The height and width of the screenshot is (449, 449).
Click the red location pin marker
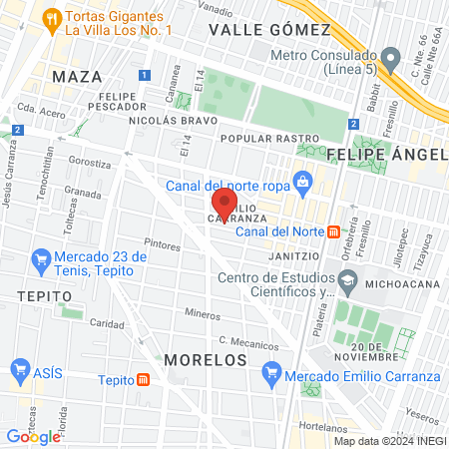(223, 208)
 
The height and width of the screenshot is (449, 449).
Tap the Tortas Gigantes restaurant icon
(50, 18)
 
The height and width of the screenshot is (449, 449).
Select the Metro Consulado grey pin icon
(392, 55)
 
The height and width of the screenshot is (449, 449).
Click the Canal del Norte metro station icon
(335, 231)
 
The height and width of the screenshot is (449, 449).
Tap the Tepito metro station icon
(144, 379)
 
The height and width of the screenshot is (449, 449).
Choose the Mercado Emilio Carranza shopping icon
(270, 376)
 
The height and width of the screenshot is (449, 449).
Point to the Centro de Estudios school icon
(346, 283)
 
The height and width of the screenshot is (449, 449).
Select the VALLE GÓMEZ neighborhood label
(254, 30)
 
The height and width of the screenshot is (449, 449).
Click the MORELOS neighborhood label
(206, 358)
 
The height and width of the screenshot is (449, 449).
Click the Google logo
(34, 436)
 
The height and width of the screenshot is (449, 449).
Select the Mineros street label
(204, 313)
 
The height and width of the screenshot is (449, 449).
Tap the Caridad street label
(107, 323)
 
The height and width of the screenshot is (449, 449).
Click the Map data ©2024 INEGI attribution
(388, 441)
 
